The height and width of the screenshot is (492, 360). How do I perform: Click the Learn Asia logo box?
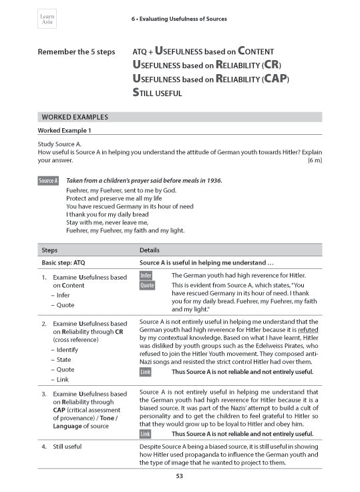point(47,19)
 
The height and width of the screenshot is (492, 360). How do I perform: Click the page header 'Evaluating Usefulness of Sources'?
point(179,19)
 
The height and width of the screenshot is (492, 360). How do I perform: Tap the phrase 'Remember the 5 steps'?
point(76,52)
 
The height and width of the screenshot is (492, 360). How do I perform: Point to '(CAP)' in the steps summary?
point(275,79)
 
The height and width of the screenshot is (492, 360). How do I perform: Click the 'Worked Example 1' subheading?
point(65,130)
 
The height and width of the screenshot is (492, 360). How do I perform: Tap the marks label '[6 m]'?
point(314,160)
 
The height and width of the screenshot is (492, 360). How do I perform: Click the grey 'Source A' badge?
point(48,181)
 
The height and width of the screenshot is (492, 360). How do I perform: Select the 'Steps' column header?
point(49,250)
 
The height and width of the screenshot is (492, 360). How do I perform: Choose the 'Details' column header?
point(149,250)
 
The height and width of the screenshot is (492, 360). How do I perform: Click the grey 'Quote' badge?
point(147,285)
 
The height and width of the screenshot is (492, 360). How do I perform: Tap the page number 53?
point(180,476)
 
